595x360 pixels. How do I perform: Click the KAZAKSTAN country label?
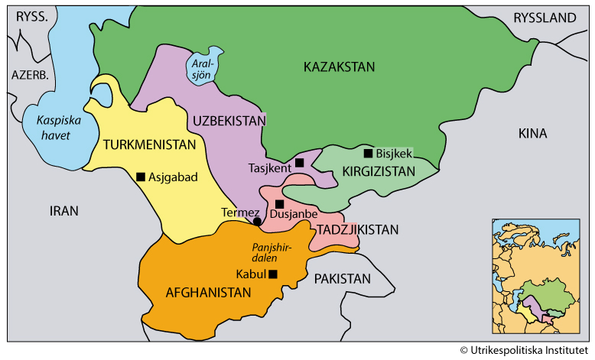pos(339,67)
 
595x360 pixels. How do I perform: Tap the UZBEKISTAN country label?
pos(229,121)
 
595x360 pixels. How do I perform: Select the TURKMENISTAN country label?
pos(149,144)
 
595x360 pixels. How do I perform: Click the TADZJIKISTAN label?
pos(358,229)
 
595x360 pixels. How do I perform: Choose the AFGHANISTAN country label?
pos(209,292)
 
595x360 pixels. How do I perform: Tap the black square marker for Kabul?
pos(272,274)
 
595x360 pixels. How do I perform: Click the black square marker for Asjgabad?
pos(141,177)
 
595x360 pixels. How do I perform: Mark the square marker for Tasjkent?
pos(300,163)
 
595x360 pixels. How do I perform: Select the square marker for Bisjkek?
pos(367,153)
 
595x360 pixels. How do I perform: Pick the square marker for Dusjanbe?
pos(280,204)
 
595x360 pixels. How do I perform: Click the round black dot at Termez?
pos(257,222)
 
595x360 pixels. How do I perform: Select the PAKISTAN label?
pos(342,278)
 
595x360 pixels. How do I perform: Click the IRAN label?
pos(64,211)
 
